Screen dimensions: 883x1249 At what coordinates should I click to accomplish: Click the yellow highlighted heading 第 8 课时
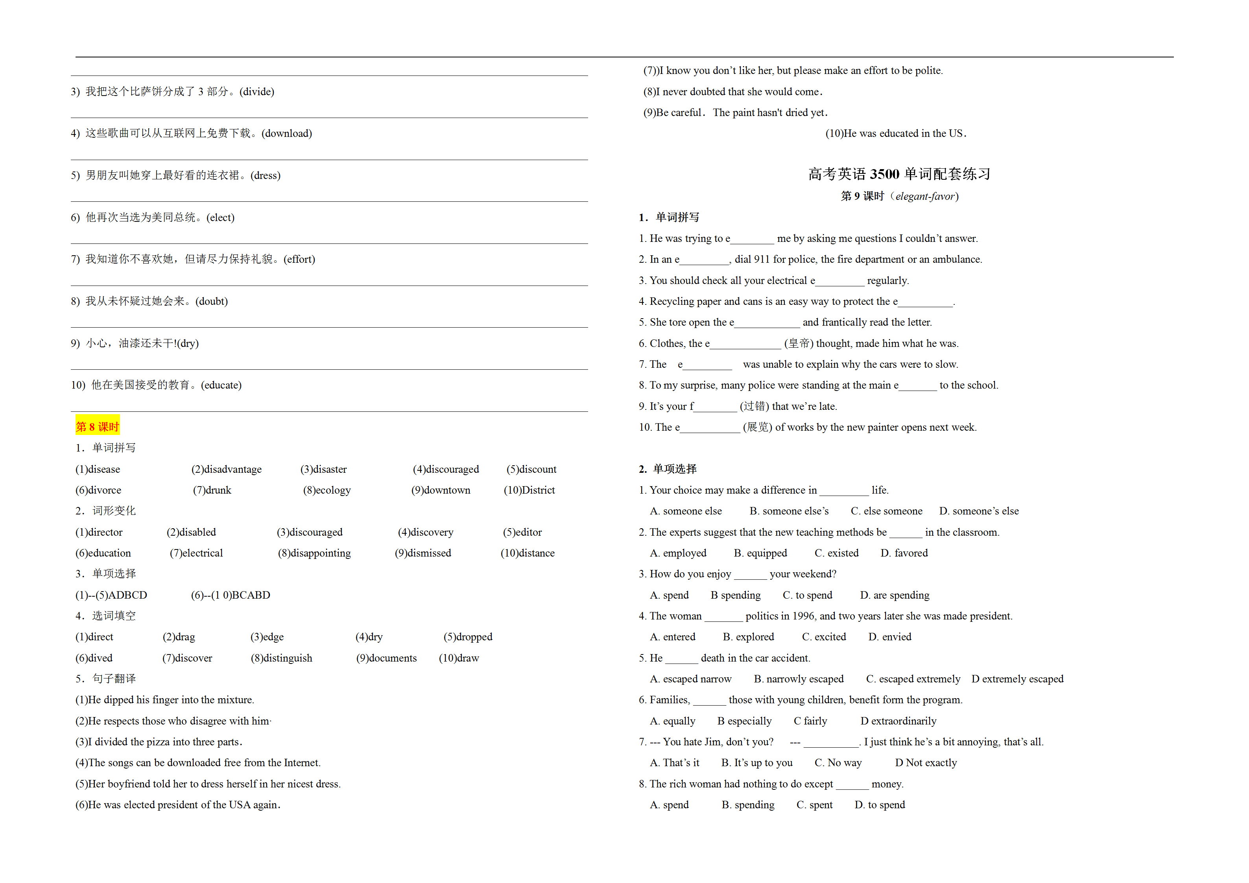point(98,426)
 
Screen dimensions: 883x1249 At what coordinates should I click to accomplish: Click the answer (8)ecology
point(327,490)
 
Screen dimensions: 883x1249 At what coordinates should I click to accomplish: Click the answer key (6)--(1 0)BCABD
point(230,595)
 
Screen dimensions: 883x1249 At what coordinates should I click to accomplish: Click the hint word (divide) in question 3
point(257,91)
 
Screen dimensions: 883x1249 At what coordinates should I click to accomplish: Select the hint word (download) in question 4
point(287,133)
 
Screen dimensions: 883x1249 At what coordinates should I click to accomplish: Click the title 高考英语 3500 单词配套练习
point(898,174)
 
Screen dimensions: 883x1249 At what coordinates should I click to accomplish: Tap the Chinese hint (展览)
point(757,427)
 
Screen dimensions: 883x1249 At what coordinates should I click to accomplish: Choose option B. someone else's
point(789,511)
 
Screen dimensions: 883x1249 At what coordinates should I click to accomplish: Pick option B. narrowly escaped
point(799,679)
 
